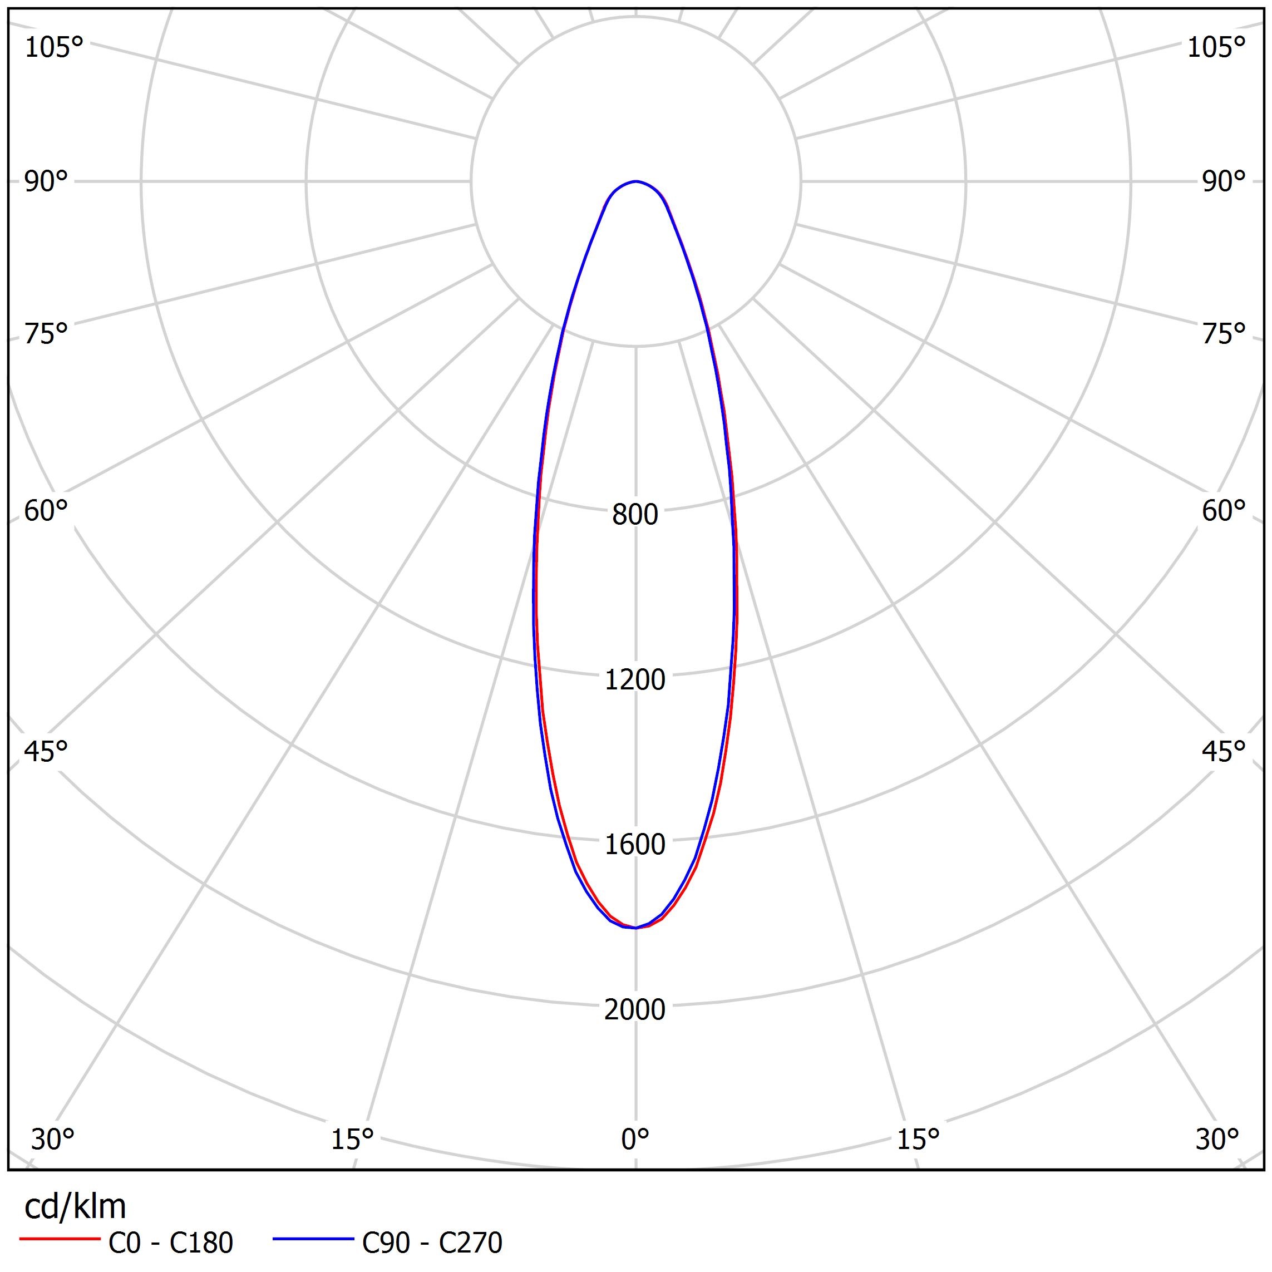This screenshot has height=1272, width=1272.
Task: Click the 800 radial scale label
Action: pos(635,515)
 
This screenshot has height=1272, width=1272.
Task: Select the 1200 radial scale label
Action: pos(635,679)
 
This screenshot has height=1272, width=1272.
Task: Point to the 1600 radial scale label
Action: pos(635,845)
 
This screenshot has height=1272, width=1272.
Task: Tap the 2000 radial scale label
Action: pos(635,1009)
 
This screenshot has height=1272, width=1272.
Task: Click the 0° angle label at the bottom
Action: pos(635,1139)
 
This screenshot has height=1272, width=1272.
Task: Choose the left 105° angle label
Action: pos(54,47)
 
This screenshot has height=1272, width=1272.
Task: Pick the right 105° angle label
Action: pos(1216,47)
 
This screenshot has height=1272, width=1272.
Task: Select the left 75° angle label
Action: pos(46,334)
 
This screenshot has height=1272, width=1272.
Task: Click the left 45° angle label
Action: pos(46,751)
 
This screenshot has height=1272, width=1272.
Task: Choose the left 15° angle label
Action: pos(352,1139)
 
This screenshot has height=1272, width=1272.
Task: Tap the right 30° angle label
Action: pos(1217,1139)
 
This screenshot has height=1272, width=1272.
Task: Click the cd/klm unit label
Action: pos(75,1207)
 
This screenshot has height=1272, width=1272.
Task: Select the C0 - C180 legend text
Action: pos(170,1243)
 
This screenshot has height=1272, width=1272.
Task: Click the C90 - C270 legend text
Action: pos(432,1243)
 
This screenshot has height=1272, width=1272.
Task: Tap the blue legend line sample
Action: pos(313,1239)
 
